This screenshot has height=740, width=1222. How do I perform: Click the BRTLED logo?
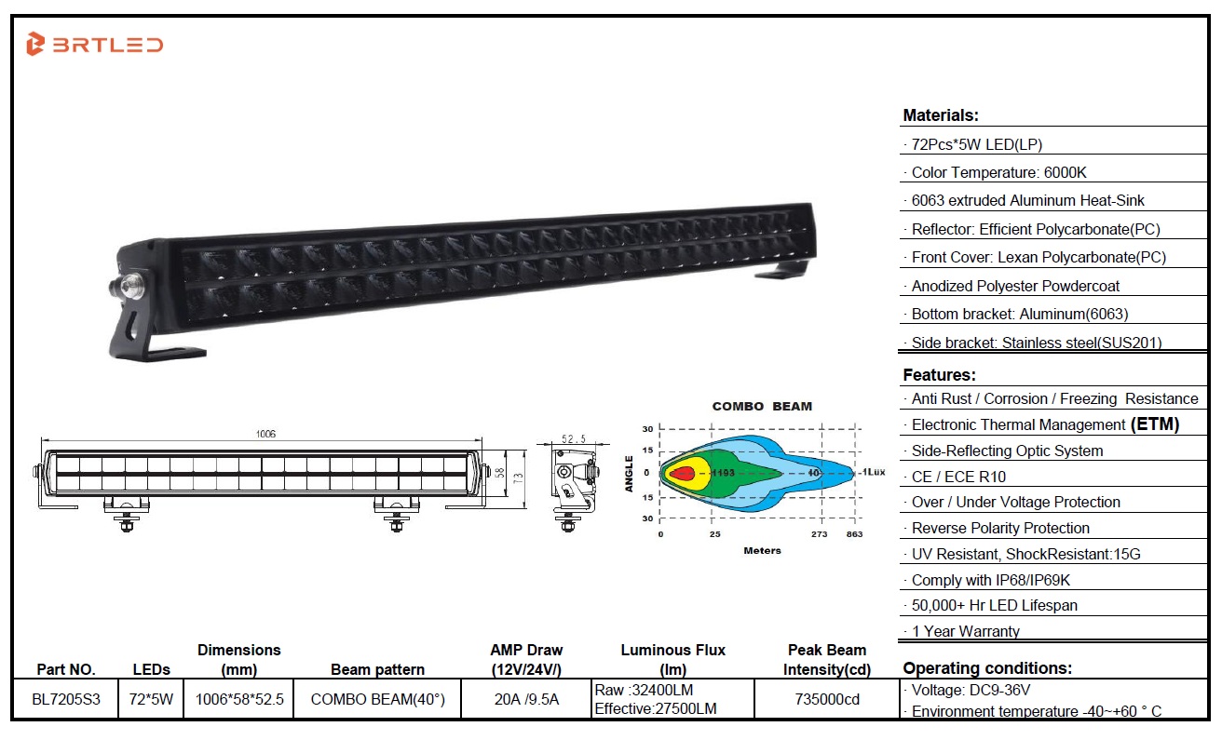[95, 44]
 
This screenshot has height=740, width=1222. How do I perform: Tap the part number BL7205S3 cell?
[66, 699]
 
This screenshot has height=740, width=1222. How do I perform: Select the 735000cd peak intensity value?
[827, 699]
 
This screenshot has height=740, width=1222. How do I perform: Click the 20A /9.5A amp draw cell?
[526, 699]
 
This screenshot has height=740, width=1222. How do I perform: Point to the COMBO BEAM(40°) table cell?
[377, 699]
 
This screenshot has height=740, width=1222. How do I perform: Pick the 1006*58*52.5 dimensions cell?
[239, 699]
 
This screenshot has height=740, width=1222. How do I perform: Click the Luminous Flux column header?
[673, 659]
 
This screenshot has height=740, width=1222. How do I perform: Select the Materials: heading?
[941, 115]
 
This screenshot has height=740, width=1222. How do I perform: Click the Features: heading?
[939, 374]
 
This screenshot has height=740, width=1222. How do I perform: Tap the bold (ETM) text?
[1155, 424]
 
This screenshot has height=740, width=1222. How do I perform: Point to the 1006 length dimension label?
[265, 434]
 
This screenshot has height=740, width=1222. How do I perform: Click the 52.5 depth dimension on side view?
[574, 438]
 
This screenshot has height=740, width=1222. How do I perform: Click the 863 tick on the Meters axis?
[854, 534]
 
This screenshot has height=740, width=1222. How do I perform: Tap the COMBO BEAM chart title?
[762, 406]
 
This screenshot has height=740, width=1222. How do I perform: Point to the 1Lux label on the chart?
[873, 472]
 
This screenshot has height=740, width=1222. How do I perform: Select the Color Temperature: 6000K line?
[998, 172]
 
